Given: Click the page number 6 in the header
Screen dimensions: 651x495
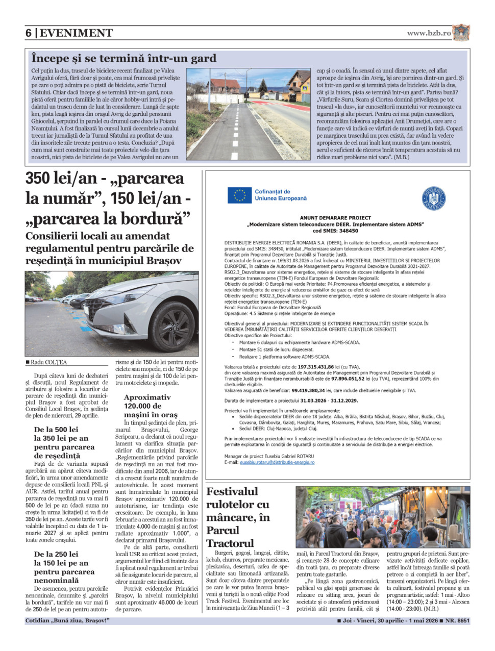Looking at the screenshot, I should (x=29, y=33).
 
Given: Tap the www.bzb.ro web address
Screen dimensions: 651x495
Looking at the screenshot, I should (x=429, y=33).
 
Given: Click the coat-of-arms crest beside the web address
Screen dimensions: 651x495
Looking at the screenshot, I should (x=461, y=33).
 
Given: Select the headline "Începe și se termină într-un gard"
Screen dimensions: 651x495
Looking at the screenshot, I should (x=123, y=58).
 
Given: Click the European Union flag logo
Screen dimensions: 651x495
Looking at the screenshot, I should (x=239, y=195).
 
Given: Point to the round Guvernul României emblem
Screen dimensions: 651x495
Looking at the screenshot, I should (x=434, y=197).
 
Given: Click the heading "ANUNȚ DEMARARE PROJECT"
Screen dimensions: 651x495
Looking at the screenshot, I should (x=335, y=218).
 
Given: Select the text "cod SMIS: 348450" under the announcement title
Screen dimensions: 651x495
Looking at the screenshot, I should (x=335, y=231).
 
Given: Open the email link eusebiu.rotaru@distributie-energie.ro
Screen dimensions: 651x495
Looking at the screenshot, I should (x=277, y=462).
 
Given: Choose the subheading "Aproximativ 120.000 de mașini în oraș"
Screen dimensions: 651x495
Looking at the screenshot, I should (x=151, y=406).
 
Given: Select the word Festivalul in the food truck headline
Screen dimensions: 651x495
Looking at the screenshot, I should (x=232, y=492).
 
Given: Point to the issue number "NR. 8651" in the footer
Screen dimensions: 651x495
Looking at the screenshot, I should (x=457, y=621).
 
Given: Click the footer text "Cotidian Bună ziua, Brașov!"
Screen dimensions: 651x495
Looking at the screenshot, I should (x=67, y=621).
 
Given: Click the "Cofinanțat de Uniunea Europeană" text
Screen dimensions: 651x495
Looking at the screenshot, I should (x=281, y=195).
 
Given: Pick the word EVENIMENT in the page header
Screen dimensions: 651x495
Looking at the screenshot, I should (x=77, y=33).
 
